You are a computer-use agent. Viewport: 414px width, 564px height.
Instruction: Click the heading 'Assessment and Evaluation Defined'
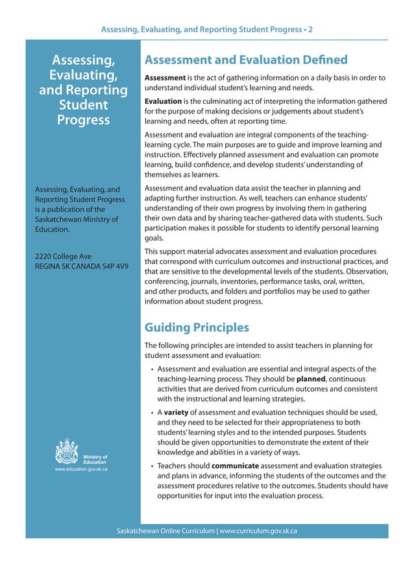point(246,60)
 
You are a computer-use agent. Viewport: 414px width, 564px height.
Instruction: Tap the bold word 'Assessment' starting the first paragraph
point(165,78)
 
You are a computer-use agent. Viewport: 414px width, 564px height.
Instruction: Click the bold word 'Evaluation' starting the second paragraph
point(163,101)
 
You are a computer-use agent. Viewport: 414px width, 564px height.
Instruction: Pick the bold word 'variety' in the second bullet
point(175,412)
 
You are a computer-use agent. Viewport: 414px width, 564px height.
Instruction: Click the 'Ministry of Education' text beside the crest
point(95,459)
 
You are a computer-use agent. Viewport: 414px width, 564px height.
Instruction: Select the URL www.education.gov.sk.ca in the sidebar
point(82,468)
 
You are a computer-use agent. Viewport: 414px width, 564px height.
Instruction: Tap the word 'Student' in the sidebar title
point(82,105)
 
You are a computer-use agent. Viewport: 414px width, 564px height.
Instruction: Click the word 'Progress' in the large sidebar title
point(82,120)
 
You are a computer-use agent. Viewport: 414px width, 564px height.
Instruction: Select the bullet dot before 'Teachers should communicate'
point(151,466)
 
